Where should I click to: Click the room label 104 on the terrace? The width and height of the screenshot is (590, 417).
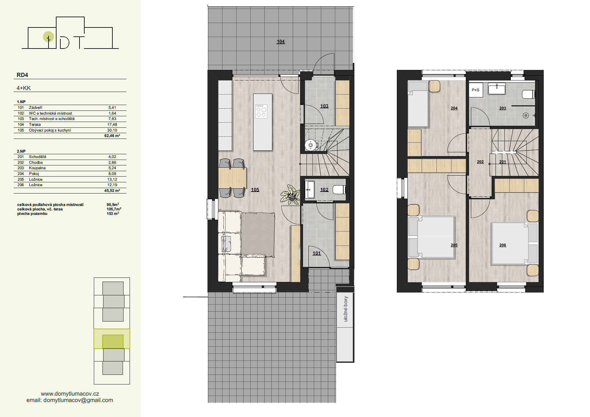tap(281, 42)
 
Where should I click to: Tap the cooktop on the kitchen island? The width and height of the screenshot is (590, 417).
tap(261, 111)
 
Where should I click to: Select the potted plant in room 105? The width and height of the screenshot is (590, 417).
tap(290, 194)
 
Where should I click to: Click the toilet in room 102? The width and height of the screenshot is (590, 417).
tap(339, 190)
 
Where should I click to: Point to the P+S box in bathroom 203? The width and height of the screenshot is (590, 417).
tap(475, 90)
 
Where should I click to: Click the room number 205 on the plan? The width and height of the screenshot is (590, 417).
tap(454, 245)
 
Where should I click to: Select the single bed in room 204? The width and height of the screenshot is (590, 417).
tap(418, 104)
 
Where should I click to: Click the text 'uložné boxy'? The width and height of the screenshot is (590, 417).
tap(345, 309)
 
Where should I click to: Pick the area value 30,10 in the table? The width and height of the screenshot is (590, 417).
tap(112, 130)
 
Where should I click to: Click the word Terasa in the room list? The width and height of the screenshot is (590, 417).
tap(35, 125)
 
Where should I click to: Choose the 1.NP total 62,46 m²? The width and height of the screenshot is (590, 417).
tap(112, 136)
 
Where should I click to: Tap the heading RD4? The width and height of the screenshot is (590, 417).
tap(22, 75)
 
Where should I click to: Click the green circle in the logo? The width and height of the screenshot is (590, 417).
tap(49, 37)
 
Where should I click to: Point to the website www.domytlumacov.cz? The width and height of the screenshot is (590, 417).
tap(70, 394)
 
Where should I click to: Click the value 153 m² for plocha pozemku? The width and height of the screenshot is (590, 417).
tap(113, 214)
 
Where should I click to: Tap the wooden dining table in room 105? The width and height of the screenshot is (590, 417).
tap(232, 178)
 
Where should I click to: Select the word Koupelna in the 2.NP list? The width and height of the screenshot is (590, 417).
tap(37, 168)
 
